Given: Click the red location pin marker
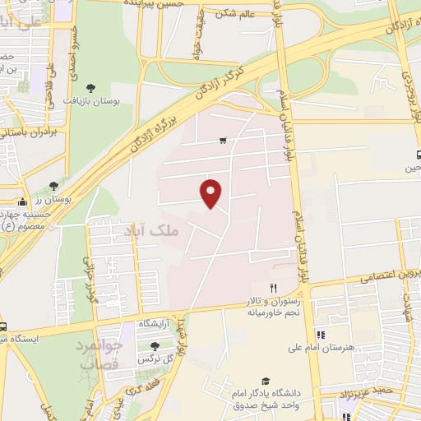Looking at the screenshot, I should [211, 192].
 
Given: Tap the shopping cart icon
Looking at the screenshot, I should [223, 141].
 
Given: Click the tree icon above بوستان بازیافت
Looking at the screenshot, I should [90, 87].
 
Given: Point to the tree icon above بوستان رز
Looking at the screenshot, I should [53, 186].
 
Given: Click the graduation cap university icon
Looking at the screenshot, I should [265, 382].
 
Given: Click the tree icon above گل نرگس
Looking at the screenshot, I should [154, 346].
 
